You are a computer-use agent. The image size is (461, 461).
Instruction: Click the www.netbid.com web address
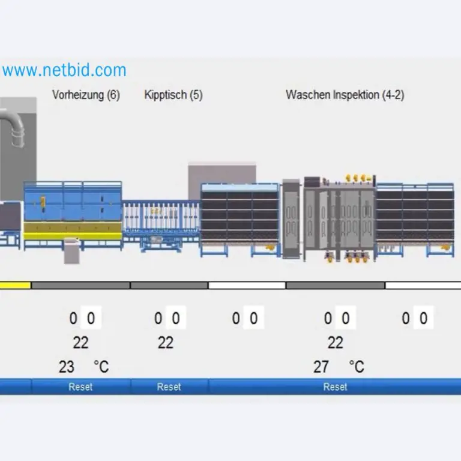coord(64,70)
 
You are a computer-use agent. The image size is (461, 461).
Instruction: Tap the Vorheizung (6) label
coord(86,95)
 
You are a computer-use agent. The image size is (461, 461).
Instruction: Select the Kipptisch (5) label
coord(173,95)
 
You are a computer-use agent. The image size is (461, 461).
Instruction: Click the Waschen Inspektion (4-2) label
coord(345,95)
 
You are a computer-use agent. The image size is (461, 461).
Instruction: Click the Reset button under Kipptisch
coord(169,387)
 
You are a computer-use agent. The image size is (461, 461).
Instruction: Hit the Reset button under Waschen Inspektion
coord(335,387)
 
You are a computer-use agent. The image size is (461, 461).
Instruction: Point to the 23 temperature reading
coord(67,366)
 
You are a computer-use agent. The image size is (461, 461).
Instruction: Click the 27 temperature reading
coord(321,366)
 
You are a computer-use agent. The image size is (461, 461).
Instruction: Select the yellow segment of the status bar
coord(15,285)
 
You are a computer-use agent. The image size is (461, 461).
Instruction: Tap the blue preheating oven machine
coord(72,207)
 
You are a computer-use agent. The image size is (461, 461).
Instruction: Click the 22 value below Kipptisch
coord(165,343)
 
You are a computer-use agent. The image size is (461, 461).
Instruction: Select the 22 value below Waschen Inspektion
coord(335,343)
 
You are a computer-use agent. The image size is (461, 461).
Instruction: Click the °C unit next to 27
coord(357,366)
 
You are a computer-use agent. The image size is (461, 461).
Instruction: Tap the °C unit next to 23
coord(101,366)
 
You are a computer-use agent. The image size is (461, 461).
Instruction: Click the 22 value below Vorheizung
coord(80,343)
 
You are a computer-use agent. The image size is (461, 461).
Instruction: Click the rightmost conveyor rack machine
coord(415,216)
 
